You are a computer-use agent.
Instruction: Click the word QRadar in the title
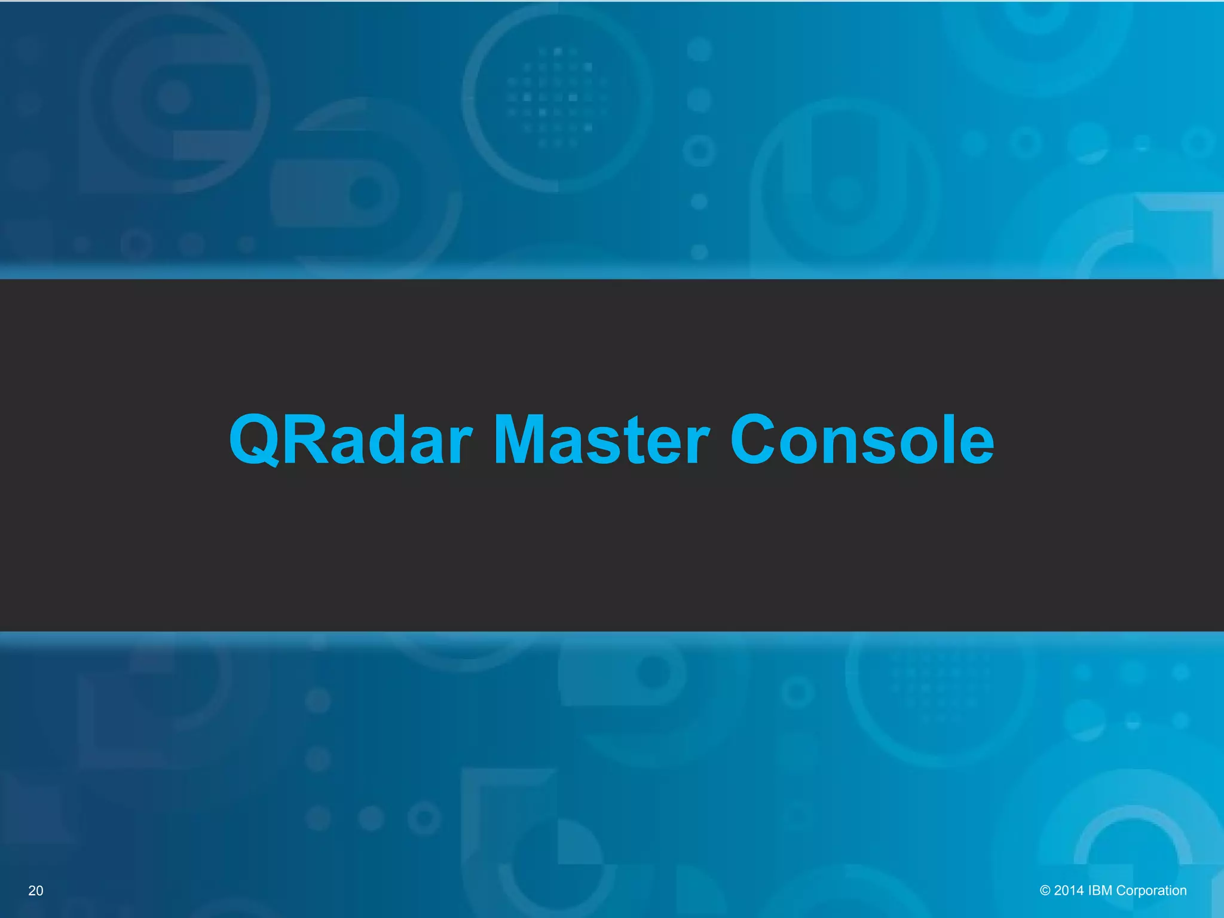tap(351, 440)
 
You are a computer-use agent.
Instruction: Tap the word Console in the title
tap(862, 440)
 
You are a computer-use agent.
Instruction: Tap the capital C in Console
tap(755, 440)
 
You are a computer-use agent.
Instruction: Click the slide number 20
tap(36, 891)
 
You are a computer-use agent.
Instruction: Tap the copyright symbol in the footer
tap(1045, 891)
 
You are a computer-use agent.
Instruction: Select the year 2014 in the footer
tap(1069, 891)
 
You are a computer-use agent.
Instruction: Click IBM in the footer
tap(1100, 891)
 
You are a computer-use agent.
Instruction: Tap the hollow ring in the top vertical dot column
tap(699, 151)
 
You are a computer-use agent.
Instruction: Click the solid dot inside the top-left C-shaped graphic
tap(173, 97)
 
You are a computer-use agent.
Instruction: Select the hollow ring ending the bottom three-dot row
tap(424, 818)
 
